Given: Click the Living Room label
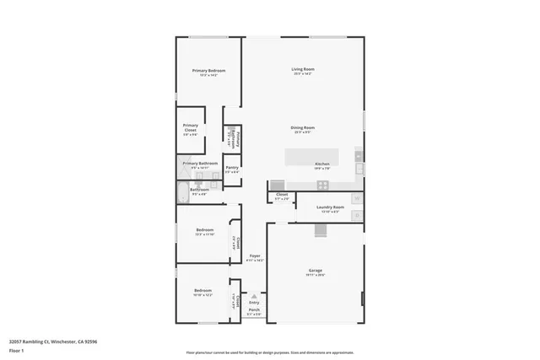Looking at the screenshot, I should pyautogui.click(x=303, y=70).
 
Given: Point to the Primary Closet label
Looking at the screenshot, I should pyautogui.click(x=191, y=127).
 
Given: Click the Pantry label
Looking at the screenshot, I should pyautogui.click(x=232, y=168).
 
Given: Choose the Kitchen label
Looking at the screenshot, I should pyautogui.click(x=322, y=164).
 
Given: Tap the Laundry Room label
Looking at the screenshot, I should pyautogui.click(x=330, y=207).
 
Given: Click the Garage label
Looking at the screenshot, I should pyautogui.click(x=314, y=271).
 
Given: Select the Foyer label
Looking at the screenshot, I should pyautogui.click(x=254, y=255).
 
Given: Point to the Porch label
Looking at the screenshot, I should pyautogui.click(x=254, y=310).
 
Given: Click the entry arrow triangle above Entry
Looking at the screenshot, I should pyautogui.click(x=254, y=295).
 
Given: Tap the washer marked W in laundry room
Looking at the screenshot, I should pyautogui.click(x=358, y=199).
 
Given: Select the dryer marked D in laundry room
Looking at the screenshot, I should pyautogui.click(x=358, y=214).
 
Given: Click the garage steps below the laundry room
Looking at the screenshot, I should pyautogui.click(x=321, y=230).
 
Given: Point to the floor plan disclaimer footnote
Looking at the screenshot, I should pyautogui.click(x=270, y=353).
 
